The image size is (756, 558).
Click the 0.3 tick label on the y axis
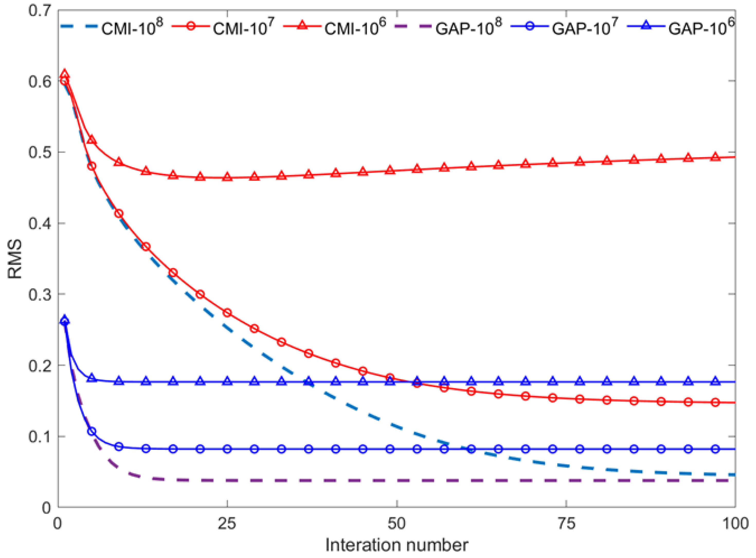click(x=40, y=294)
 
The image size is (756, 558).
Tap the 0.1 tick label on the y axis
click(x=40, y=437)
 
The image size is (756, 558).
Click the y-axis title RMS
click(x=15, y=258)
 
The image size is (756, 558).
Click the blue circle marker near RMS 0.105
click(x=92, y=431)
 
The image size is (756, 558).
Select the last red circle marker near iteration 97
click(x=715, y=402)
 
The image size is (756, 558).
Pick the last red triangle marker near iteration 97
click(x=715, y=157)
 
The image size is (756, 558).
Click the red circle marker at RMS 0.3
click(x=200, y=294)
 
